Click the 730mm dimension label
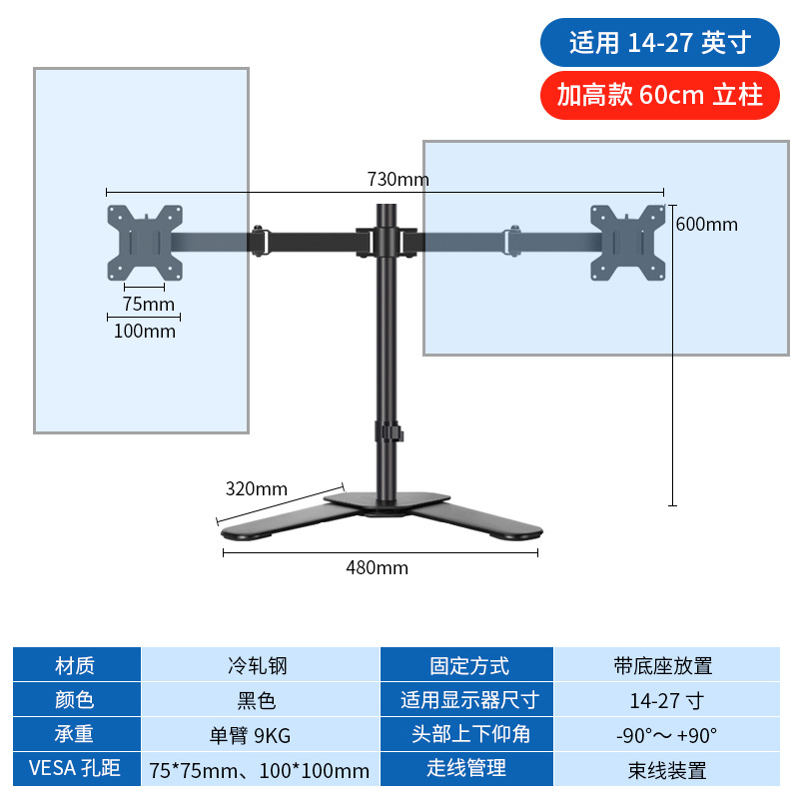[398, 180]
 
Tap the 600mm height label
[706, 224]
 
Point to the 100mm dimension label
[145, 331]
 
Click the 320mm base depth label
[256, 488]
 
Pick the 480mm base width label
[378, 567]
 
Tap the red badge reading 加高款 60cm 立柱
[659, 95]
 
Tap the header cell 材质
[76, 666]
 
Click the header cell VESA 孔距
[76, 769]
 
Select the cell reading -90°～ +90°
[665, 735]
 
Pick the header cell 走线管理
[468, 769]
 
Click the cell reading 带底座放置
[665, 666]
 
